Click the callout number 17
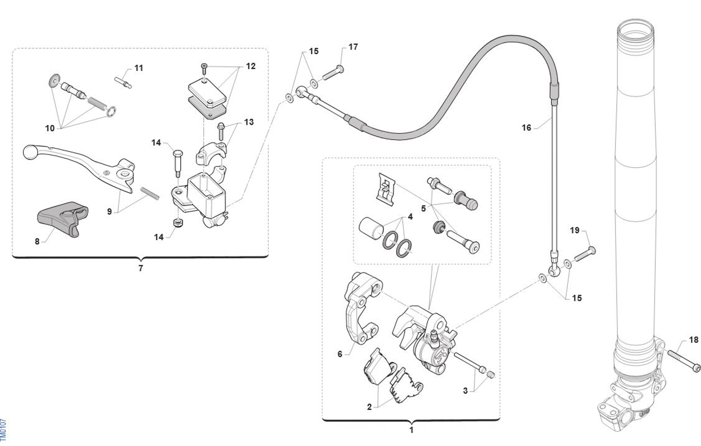click(353, 47)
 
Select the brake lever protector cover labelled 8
click(62, 218)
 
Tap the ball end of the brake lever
click(31, 153)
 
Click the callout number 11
click(139, 68)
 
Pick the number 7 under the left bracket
click(141, 268)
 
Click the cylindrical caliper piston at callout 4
click(371, 231)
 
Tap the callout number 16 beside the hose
click(526, 128)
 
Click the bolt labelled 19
click(585, 254)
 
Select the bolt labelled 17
click(333, 72)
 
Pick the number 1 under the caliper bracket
click(411, 430)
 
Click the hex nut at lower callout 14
click(178, 223)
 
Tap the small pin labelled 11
click(123, 83)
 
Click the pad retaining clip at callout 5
click(385, 189)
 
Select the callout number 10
click(50, 128)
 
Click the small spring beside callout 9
click(150, 193)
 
